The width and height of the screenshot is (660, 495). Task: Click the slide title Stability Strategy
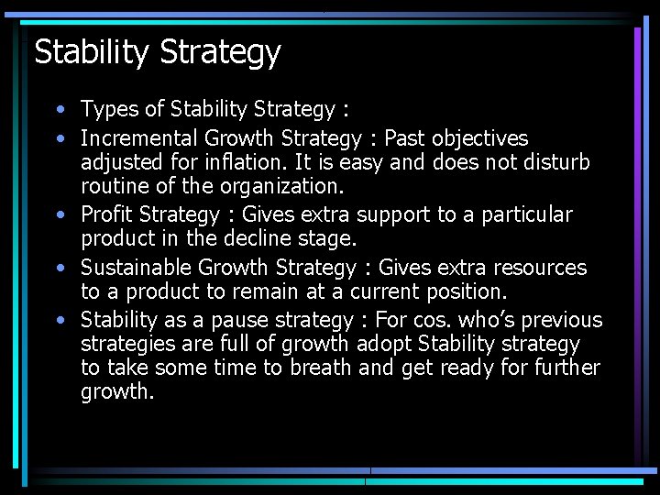157,52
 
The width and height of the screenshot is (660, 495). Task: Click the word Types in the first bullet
108,110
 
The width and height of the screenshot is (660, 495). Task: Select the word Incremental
138,138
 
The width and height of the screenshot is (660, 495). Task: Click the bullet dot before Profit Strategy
59,215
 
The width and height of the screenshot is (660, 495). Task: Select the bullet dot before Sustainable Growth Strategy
59,269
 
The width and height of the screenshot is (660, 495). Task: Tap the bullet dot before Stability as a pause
59,321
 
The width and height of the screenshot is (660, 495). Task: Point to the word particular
526,214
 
